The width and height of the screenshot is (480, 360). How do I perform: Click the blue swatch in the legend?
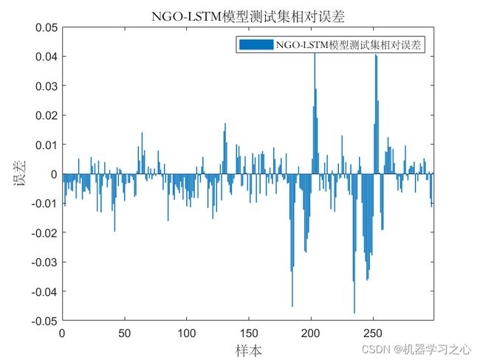coord(255,45)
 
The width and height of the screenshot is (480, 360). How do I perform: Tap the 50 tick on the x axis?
coord(124,333)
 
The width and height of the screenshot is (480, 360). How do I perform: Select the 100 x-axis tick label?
coord(186,333)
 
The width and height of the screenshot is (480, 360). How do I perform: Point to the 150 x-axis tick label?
coord(249,333)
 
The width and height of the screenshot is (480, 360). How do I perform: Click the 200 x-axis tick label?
coord(311,333)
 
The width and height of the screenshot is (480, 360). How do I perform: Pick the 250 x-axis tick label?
coord(373,333)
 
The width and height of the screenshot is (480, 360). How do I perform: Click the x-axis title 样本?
coord(247,349)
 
